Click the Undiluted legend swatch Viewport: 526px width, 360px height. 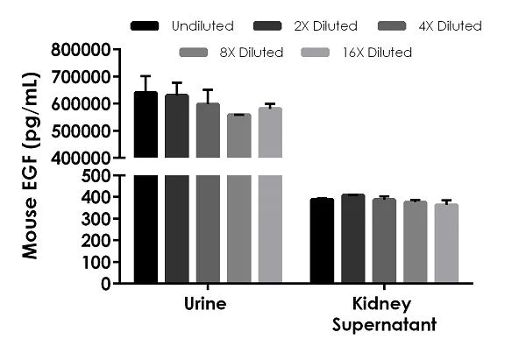(x=145, y=26)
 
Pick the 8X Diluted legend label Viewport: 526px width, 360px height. (x=252, y=53)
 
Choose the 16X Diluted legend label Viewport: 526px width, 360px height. (x=379, y=53)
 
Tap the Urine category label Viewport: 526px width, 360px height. (x=207, y=305)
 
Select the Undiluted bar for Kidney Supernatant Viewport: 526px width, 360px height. (x=322, y=241)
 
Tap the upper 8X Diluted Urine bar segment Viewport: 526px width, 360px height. (x=238, y=136)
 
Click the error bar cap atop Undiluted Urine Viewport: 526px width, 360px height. (x=146, y=76)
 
